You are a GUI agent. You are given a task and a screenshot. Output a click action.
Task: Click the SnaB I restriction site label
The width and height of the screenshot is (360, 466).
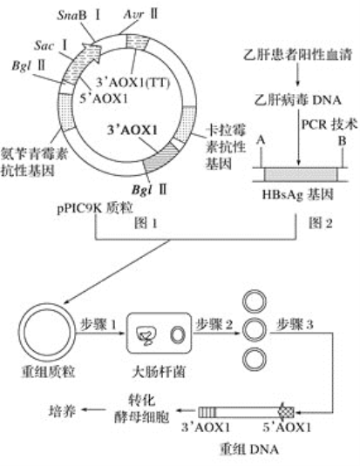(78, 16)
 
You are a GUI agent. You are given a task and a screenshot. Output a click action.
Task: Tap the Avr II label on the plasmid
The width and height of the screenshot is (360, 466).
(140, 14)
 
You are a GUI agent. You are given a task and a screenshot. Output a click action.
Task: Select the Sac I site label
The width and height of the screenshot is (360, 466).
(51, 45)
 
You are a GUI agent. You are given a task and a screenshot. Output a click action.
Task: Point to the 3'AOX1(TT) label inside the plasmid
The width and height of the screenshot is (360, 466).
(132, 83)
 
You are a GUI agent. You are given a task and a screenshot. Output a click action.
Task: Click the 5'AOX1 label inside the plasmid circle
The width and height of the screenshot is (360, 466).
(104, 98)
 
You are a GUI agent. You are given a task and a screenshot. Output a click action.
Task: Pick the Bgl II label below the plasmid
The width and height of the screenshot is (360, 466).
(149, 189)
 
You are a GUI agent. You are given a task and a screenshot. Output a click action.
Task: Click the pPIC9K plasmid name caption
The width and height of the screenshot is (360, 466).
(95, 208)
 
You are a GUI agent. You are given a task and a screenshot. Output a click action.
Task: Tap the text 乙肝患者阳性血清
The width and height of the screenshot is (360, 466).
(297, 55)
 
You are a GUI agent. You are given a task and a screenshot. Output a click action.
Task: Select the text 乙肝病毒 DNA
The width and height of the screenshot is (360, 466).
(297, 100)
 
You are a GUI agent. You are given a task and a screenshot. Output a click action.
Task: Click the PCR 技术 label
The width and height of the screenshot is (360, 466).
(329, 125)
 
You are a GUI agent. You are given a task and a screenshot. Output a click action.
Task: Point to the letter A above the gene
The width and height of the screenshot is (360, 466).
(261, 139)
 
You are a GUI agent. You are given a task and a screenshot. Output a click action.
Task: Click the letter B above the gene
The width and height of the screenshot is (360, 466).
(343, 140)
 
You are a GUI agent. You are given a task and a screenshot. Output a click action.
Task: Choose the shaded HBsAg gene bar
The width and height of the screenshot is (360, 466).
(301, 175)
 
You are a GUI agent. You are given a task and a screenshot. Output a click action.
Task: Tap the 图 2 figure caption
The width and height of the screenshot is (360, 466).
(321, 223)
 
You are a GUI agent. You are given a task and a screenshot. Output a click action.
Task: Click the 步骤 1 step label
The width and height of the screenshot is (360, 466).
(98, 324)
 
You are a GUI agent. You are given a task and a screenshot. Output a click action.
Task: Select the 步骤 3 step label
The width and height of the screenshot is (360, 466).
(295, 325)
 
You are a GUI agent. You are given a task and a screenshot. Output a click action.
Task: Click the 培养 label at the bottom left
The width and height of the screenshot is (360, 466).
(62, 411)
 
